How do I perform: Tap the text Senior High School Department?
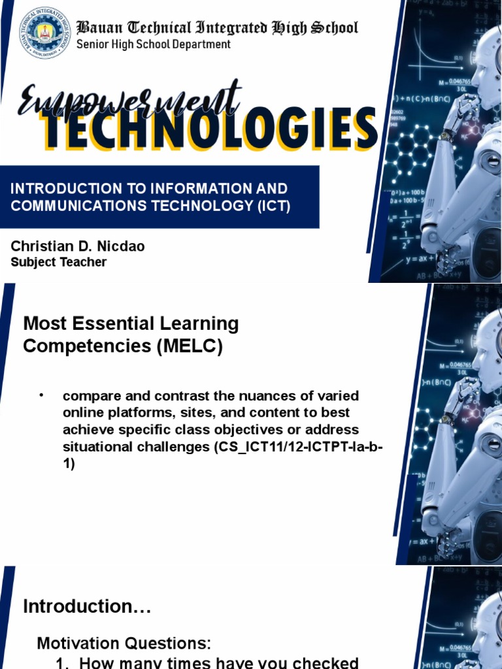pos(154,44)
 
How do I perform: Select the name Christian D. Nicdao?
pos(77,246)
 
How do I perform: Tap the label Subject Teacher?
pos(59,262)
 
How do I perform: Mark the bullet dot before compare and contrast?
pos(41,395)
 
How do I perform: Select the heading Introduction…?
pos(87,607)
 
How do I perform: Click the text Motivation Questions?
pos(124,644)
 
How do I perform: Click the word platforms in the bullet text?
pos(138,414)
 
